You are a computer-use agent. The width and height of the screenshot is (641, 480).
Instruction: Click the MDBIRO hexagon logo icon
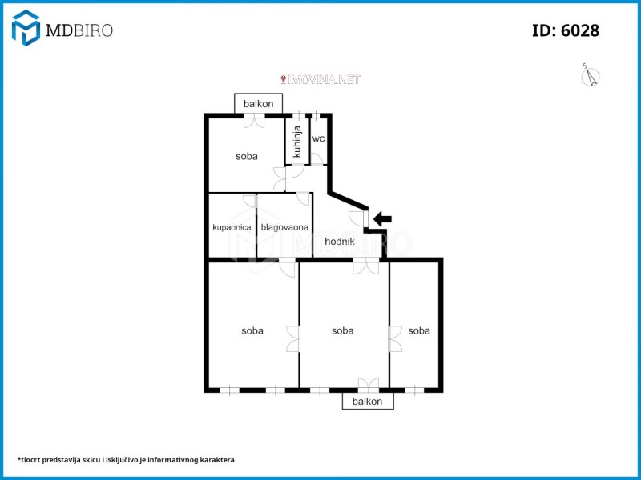26,28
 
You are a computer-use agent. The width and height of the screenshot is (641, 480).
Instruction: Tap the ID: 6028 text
566,30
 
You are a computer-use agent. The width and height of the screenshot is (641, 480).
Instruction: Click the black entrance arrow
383,218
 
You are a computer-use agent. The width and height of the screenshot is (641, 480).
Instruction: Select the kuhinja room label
297,142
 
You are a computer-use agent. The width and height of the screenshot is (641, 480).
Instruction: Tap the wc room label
318,138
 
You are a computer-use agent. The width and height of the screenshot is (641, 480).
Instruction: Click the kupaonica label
232,227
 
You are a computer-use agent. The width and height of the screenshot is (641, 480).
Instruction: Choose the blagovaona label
284,227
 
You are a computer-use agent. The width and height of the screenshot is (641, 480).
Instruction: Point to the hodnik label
340,242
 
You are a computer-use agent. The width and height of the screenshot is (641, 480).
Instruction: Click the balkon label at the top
258,104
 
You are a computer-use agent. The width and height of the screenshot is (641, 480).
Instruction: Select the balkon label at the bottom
367,402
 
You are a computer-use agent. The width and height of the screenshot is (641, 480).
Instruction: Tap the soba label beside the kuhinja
247,156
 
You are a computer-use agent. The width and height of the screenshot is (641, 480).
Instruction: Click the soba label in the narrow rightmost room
419,330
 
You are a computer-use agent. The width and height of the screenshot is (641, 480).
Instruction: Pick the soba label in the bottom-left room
252,330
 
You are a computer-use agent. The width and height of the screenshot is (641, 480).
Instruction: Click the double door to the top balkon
254,121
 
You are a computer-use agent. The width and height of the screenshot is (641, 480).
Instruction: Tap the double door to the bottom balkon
369,384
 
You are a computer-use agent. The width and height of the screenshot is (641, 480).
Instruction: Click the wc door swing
316,158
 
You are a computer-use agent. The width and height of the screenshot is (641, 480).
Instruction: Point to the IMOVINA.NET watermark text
320,79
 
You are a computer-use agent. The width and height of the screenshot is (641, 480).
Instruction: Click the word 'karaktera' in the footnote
219,459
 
